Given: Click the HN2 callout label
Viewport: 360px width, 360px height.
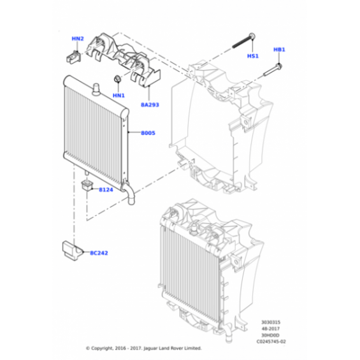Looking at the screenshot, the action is [x=78, y=39].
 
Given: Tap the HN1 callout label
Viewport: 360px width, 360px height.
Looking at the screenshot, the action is [x=119, y=96].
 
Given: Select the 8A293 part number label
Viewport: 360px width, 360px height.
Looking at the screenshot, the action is [x=150, y=105].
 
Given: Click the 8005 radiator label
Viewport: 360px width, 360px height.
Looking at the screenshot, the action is [x=148, y=133].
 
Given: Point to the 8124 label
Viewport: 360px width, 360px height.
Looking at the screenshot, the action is [x=106, y=190].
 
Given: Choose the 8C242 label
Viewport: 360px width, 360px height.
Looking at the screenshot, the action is [x=99, y=253].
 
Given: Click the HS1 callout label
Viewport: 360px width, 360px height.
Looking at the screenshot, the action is [x=253, y=56].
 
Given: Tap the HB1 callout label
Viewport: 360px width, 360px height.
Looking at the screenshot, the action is [x=279, y=50].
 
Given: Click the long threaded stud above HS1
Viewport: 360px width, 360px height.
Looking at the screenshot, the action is [x=244, y=41].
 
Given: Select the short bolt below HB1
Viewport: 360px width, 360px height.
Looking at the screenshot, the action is [x=273, y=70].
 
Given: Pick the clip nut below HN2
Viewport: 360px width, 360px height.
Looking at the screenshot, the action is [x=73, y=57].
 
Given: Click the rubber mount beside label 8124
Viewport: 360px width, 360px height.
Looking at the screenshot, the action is [x=87, y=185].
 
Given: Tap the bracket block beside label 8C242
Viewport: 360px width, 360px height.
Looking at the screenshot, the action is [x=72, y=250].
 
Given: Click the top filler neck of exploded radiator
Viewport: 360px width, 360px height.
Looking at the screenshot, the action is [x=96, y=89].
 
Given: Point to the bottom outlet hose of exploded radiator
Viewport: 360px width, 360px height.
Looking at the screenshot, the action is [x=129, y=193].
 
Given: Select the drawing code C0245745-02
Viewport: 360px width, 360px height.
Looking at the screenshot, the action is [x=271, y=342].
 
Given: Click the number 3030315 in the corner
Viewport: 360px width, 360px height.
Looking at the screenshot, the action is [x=271, y=322].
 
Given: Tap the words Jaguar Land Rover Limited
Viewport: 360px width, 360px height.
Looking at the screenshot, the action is [x=173, y=349].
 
